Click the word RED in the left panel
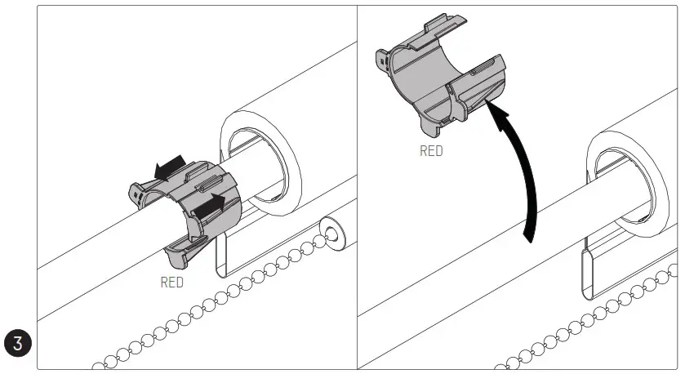[x=171, y=283]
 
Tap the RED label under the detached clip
[x=431, y=151]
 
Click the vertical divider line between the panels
[x=357, y=188]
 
